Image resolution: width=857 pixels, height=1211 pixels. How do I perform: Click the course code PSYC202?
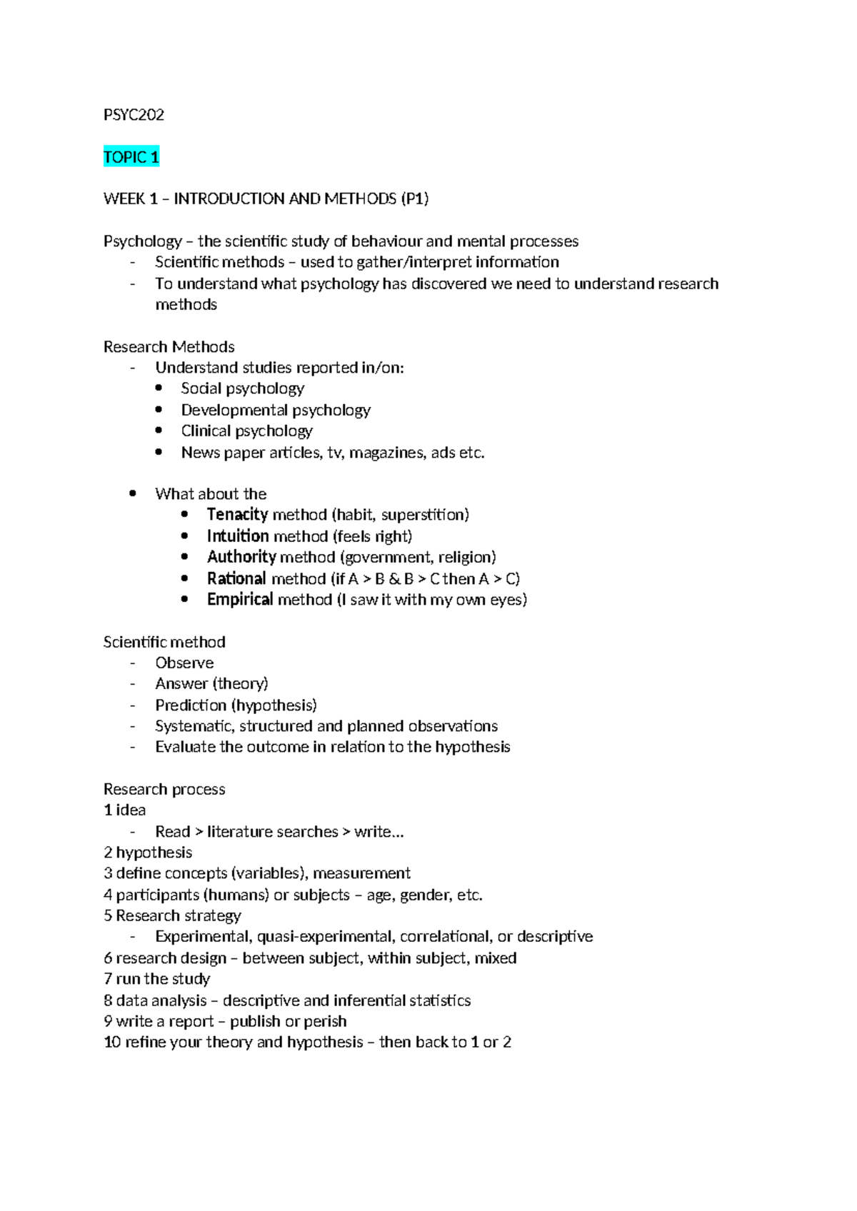(x=134, y=115)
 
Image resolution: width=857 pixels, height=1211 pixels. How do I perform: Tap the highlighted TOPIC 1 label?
(x=131, y=157)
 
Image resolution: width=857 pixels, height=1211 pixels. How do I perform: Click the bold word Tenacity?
(x=237, y=515)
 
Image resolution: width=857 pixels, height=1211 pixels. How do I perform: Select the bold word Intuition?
(x=238, y=536)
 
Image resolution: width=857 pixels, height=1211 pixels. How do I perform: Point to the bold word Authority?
(x=241, y=557)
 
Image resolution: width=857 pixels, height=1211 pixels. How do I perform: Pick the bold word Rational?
(x=236, y=578)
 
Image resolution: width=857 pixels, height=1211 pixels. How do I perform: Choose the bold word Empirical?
(x=240, y=599)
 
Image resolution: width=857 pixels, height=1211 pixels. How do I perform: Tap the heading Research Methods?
(x=169, y=347)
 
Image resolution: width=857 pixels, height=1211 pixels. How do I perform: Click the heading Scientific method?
(x=164, y=642)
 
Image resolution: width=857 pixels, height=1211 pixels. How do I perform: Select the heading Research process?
(x=164, y=789)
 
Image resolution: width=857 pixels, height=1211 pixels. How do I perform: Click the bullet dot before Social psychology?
(x=159, y=388)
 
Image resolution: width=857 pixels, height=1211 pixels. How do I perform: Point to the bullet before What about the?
(x=133, y=493)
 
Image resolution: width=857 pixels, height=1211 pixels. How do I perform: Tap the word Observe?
(x=184, y=663)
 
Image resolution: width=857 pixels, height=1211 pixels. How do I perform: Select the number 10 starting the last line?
(x=112, y=1042)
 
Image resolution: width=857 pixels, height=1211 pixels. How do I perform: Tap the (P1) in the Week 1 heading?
(x=415, y=199)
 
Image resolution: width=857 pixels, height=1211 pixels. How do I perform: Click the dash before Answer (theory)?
(x=133, y=684)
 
